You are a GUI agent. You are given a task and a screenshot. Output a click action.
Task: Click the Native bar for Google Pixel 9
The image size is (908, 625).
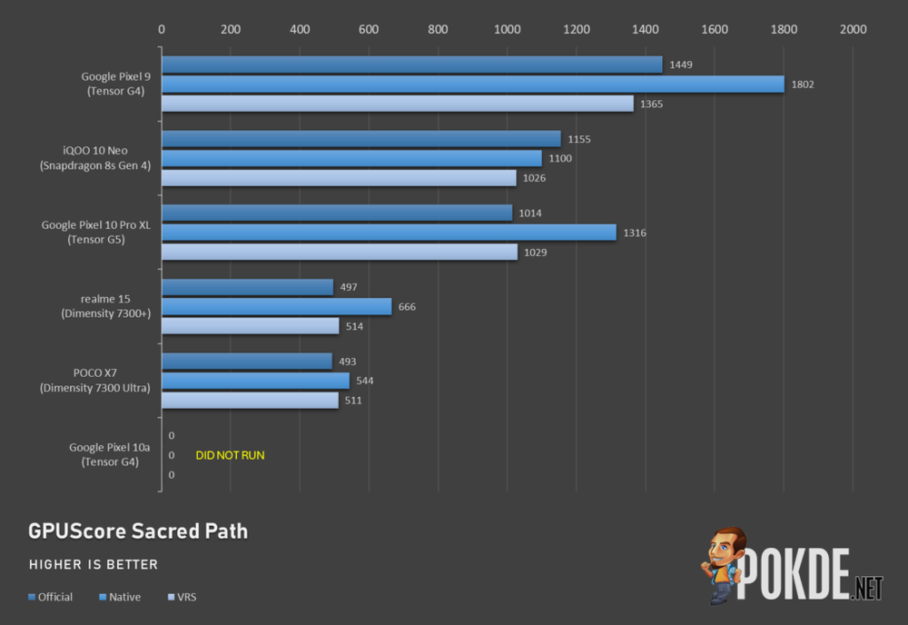pyautogui.click(x=472, y=84)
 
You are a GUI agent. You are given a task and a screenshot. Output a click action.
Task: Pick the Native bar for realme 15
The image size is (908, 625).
pyautogui.click(x=276, y=307)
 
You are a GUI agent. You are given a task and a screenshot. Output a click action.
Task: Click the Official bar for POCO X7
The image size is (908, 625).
pyautogui.click(x=246, y=362)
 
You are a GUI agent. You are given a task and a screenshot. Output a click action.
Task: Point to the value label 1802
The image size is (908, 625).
pyautogui.click(x=803, y=84)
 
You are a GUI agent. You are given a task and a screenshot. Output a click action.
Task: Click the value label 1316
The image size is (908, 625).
pyautogui.click(x=635, y=233)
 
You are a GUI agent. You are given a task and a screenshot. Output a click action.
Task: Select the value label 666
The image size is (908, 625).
pyautogui.click(x=407, y=307)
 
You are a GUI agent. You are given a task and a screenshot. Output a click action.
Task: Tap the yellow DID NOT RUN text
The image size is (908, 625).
pyautogui.click(x=230, y=455)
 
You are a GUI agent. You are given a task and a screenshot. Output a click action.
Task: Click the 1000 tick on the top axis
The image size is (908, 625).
pyautogui.click(x=508, y=29)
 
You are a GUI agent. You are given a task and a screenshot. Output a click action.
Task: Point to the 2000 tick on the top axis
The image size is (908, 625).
pyautogui.click(x=854, y=29)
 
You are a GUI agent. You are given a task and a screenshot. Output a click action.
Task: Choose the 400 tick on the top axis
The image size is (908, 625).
pyautogui.click(x=300, y=29)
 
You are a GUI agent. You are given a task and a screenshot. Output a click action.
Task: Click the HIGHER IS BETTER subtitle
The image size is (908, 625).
pyautogui.click(x=94, y=565)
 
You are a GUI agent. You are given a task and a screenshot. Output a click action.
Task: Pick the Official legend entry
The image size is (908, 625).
pyautogui.click(x=51, y=597)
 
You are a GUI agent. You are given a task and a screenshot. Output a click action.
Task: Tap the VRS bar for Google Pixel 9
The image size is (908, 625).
pyautogui.click(x=397, y=104)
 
